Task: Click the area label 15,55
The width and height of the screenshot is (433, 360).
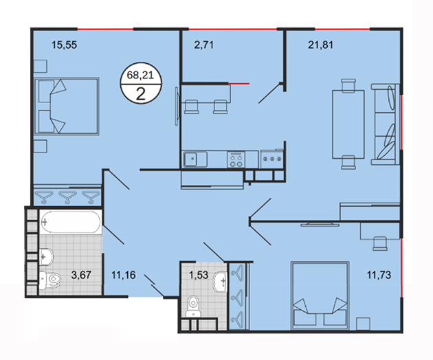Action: click(x=65, y=45)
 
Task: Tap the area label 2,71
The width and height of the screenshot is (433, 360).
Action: click(x=204, y=45)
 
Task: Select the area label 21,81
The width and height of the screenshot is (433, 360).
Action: click(x=320, y=45)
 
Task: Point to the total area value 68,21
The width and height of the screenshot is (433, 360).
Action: click(x=140, y=75)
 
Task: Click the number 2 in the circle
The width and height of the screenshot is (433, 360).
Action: click(x=141, y=94)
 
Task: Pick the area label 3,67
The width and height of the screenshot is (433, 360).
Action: click(x=81, y=275)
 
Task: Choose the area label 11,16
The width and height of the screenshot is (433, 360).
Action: click(x=124, y=275)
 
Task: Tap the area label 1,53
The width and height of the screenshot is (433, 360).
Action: click(x=199, y=275)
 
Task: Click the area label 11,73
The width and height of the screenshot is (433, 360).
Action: click(x=379, y=275)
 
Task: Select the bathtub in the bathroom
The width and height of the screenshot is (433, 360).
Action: click(x=71, y=222)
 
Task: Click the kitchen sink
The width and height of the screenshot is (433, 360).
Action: click(x=195, y=159)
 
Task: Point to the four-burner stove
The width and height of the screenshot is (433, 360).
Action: click(x=236, y=159)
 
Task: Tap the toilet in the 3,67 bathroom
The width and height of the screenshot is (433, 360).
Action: click(x=49, y=280)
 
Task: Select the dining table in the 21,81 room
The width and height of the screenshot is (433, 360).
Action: click(x=348, y=124)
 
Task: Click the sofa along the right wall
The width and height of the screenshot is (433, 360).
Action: click(x=385, y=124)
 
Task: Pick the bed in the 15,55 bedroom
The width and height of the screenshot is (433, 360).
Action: click(x=66, y=106)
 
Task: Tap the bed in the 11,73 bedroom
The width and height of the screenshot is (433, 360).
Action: click(x=320, y=295)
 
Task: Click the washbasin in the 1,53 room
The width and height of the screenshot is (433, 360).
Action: click(x=220, y=281)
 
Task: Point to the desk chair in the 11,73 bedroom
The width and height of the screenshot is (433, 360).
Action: click(x=380, y=243)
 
